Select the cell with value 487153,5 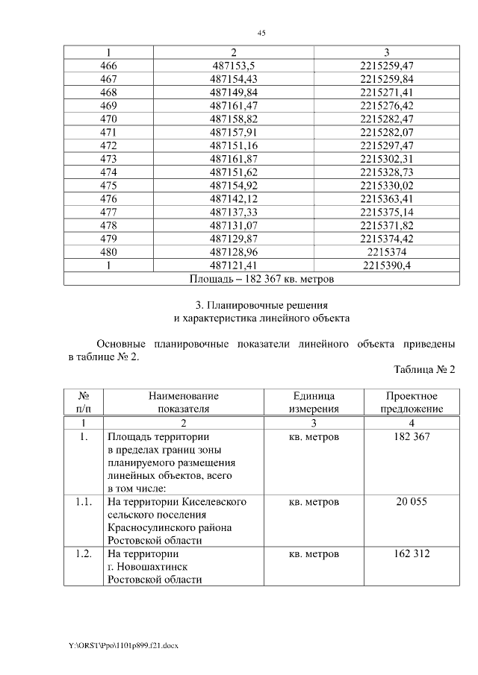[234, 66]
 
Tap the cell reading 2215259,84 [386, 79]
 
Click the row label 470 [108, 119]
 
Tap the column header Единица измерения [314, 402]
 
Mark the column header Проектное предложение [412, 402]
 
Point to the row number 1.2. [84, 554]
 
